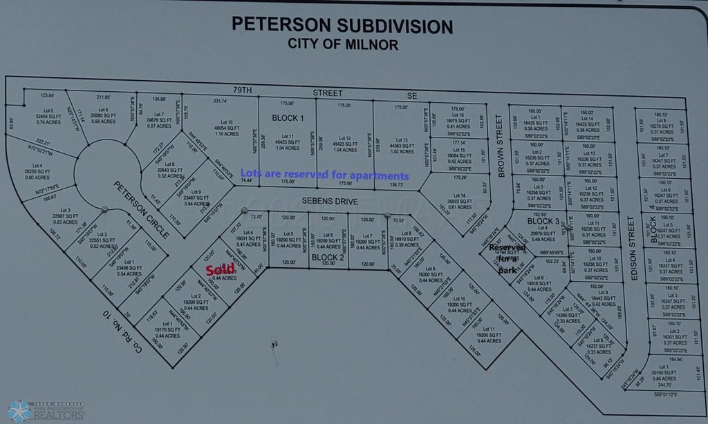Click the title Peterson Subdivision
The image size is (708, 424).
pyautogui.click(x=342, y=26)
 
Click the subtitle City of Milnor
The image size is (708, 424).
pyautogui.click(x=342, y=44)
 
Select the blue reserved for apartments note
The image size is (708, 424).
pyautogui.click(x=324, y=175)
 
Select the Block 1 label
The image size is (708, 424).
pyautogui.click(x=288, y=117)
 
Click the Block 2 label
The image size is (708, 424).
pyautogui.click(x=328, y=258)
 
